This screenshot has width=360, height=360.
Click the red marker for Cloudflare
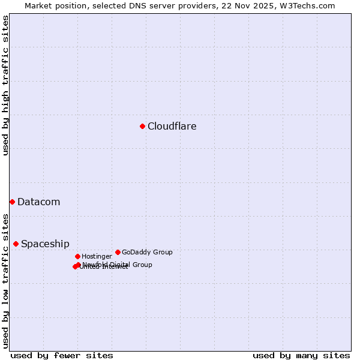(142, 126)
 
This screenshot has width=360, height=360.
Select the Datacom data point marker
(12, 202)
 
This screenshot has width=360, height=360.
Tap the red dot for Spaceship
(16, 244)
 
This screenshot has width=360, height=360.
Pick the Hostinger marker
(77, 256)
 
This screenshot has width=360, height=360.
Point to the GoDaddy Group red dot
(118, 252)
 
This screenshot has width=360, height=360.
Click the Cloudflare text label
(172, 126)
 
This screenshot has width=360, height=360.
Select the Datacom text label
(38, 202)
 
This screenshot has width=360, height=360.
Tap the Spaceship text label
(45, 244)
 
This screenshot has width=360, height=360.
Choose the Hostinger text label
(97, 256)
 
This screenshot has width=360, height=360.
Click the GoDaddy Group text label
(147, 252)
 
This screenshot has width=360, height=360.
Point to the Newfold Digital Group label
(118, 264)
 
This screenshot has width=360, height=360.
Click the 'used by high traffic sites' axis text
(5, 85)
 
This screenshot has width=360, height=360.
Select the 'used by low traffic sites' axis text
(5, 280)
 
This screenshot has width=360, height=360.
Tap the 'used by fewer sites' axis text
(62, 355)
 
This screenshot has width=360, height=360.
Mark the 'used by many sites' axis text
(301, 355)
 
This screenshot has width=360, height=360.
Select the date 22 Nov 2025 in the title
(244, 5)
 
